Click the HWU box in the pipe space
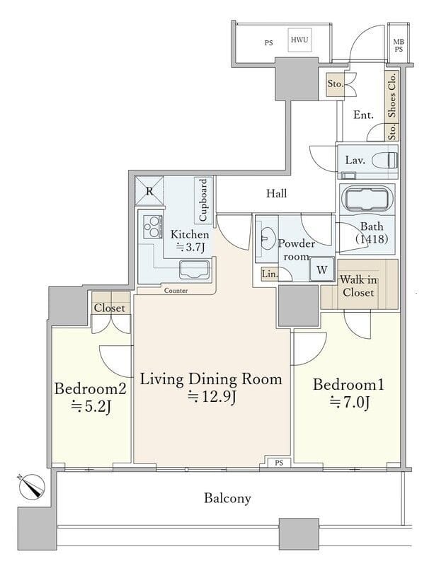pyautogui.click(x=299, y=40)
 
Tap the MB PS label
pyautogui.click(x=399, y=46)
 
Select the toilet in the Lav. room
pyautogui.click(x=385, y=160)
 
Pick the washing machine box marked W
pyautogui.click(x=321, y=270)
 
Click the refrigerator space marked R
pyautogui.click(x=149, y=190)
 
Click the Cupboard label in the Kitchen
pyautogui.click(x=203, y=200)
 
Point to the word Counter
pyautogui.click(x=176, y=291)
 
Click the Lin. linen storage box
pyautogui.click(x=270, y=274)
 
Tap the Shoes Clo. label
pyautogui.click(x=392, y=94)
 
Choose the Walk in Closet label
pyautogui.click(x=358, y=286)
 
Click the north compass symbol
pyautogui.click(x=32, y=486)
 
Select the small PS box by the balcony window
pyautogui.click(x=279, y=463)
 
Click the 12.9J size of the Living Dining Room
pyautogui.click(x=212, y=398)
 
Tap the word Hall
pyautogui.click(x=276, y=193)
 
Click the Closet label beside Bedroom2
pyautogui.click(x=110, y=308)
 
